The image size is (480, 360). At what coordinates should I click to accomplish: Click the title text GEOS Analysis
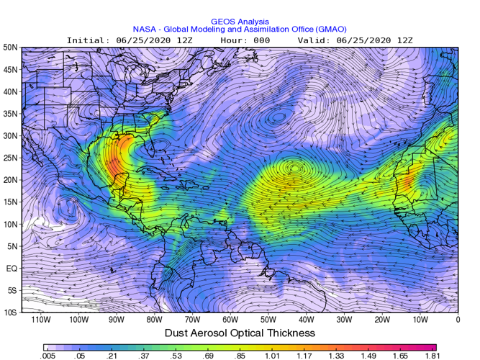240,22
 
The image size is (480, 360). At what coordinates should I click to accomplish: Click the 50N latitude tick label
10,48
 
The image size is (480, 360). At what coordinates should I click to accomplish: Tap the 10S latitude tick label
11,312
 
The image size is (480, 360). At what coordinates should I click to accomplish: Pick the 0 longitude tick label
458,319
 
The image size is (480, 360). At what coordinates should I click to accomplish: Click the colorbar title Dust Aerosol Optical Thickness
240,333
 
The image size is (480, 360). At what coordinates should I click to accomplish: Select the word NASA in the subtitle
146,30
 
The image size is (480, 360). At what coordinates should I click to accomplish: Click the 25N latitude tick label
10,158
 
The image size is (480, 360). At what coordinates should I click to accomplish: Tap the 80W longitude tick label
154,319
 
